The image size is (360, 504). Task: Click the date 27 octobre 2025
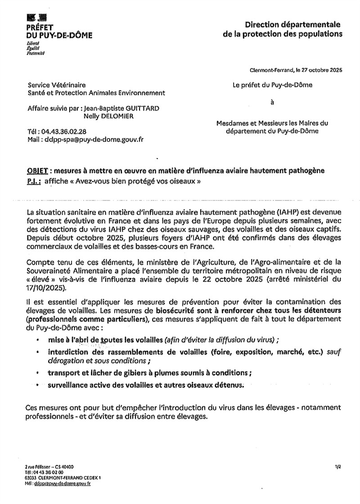click(x=318, y=70)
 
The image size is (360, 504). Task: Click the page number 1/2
click(x=338, y=468)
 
